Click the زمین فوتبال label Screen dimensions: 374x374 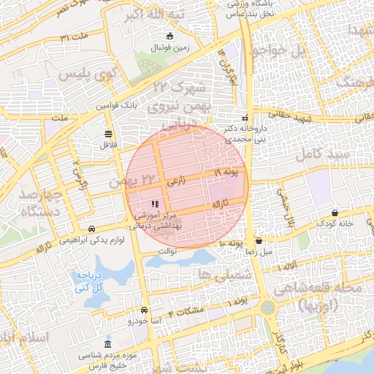(x=169, y=48)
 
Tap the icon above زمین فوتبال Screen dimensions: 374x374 (x=170, y=37)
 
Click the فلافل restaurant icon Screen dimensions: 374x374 (x=109, y=133)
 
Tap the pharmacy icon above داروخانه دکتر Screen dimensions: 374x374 (x=245, y=118)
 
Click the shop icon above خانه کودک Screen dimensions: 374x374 (x=335, y=213)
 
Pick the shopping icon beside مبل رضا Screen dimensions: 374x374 (x=259, y=240)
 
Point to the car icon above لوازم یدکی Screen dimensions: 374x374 (x=91, y=229)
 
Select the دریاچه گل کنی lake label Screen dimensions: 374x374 (x=86, y=282)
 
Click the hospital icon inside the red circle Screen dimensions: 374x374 (x=154, y=204)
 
